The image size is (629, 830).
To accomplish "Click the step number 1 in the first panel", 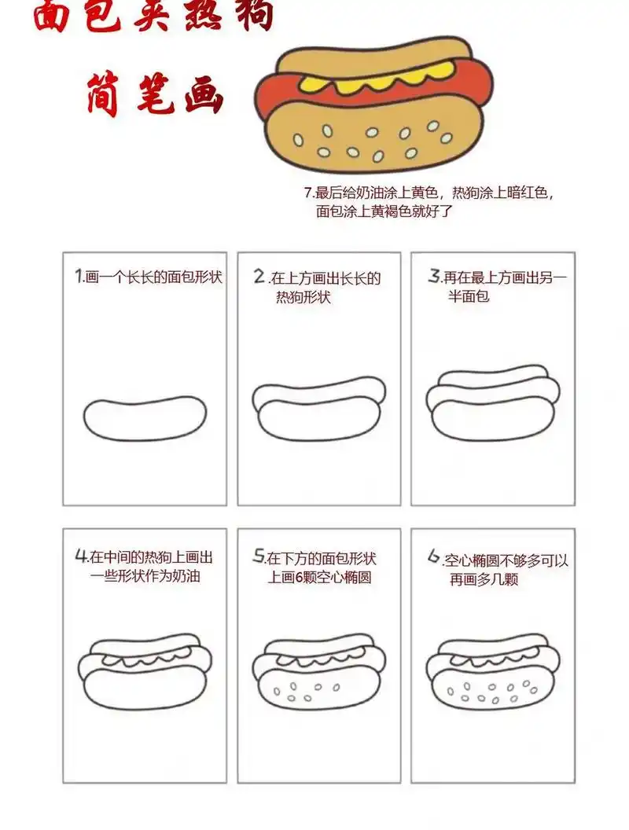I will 79,277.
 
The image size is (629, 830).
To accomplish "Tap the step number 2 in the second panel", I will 260,277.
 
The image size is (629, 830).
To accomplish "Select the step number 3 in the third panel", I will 434,277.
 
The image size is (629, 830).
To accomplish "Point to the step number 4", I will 80,556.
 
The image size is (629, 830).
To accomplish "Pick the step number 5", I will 259,556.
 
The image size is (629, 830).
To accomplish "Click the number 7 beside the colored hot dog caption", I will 307,192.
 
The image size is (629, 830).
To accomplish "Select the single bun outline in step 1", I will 145,417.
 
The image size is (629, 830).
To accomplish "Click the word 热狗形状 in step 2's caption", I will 303,298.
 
